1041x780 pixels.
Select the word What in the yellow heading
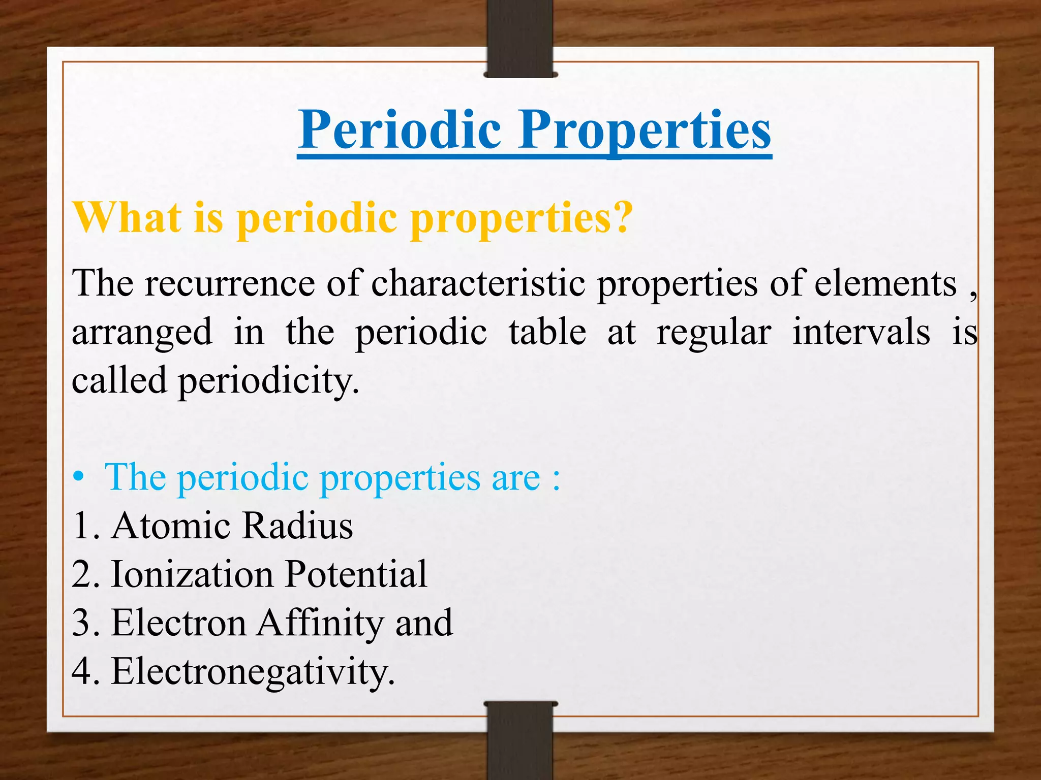point(127,217)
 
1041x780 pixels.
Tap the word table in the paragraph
point(547,332)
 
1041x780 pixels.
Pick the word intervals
point(861,332)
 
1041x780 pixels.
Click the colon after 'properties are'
point(557,479)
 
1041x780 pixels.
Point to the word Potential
point(356,574)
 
